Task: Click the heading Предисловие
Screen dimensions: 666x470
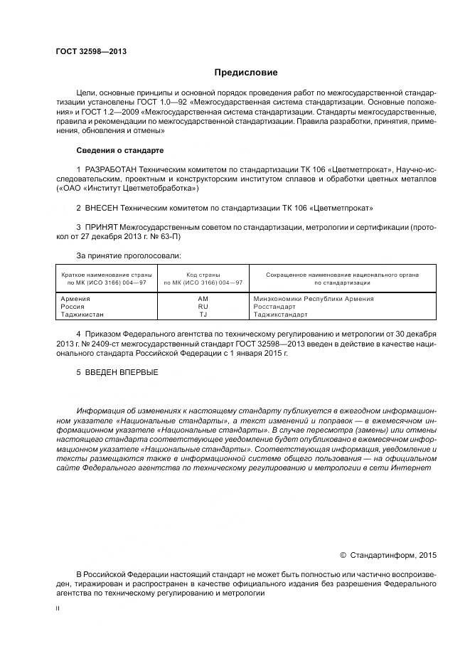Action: [246, 73]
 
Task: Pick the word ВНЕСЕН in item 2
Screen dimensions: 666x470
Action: [105, 208]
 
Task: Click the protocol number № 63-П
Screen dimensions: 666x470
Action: [164, 236]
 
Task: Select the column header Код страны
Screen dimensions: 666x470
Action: [203, 274]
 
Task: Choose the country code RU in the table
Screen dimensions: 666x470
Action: [203, 306]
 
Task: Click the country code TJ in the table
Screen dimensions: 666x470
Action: [203, 314]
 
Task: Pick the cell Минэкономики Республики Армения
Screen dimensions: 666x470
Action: [313, 299]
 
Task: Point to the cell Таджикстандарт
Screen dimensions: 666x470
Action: [280, 314]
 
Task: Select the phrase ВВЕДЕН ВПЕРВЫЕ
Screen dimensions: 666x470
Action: [121, 372]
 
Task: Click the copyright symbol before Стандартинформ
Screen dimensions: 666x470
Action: [343, 554]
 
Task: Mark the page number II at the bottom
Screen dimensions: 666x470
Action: [58, 609]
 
